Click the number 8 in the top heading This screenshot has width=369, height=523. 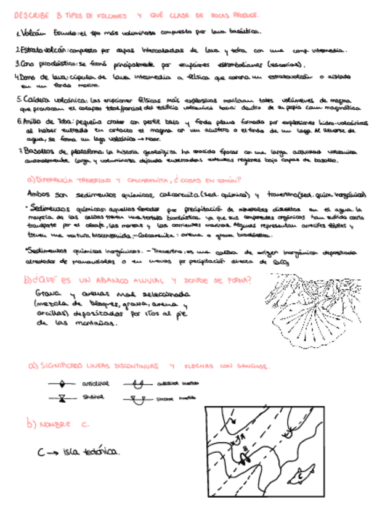click(x=59, y=14)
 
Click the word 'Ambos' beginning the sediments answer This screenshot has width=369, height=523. click(x=39, y=196)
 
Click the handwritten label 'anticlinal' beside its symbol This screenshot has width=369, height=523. click(x=95, y=384)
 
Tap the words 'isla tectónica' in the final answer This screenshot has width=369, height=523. click(x=91, y=453)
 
